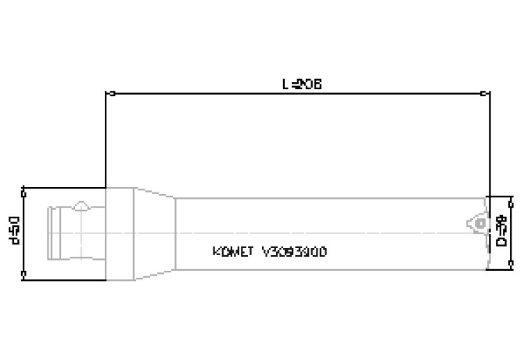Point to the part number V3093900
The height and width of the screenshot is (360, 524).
(295, 252)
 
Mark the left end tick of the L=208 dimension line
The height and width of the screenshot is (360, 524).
(106, 94)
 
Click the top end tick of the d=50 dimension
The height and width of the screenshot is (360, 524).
(25, 189)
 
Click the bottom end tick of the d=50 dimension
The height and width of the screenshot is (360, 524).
(25, 275)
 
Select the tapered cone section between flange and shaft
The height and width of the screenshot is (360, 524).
(154, 232)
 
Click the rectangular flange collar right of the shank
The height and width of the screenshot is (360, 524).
(119, 232)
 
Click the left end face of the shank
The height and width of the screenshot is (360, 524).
(49, 232)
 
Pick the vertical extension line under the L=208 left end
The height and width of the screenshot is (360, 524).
(106, 141)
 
